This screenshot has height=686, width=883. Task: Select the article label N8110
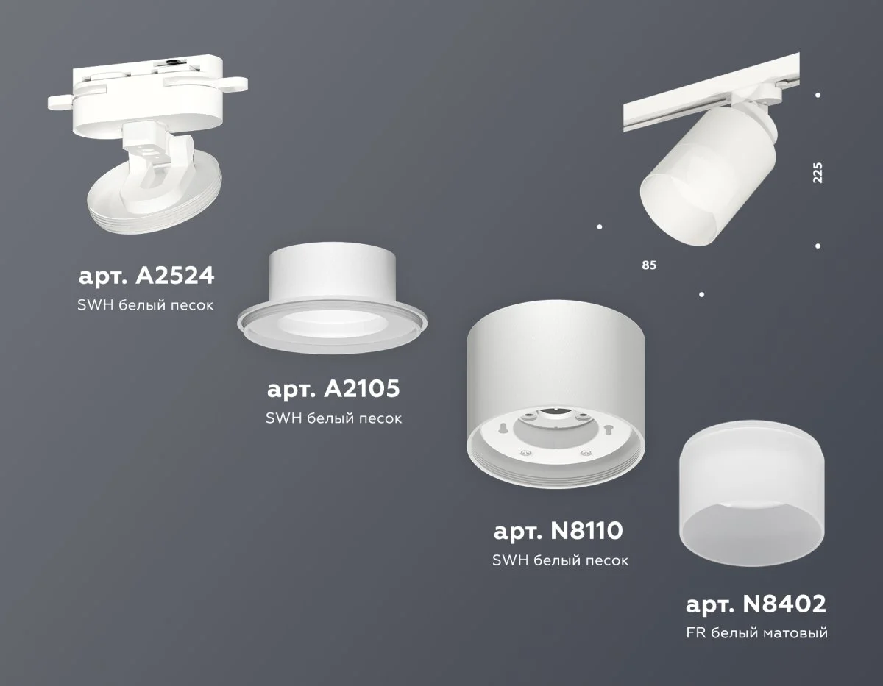pos(560,531)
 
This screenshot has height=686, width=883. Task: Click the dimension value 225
pos(818,171)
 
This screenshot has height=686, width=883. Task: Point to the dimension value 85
pos(648,264)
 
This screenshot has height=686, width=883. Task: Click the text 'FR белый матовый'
pos(756,633)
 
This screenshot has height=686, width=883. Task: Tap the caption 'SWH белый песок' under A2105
pos(333,418)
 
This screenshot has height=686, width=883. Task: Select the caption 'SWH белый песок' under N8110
pos(560,560)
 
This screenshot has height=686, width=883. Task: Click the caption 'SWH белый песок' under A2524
pos(146,304)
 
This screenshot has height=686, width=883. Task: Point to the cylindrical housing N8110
pos(558,368)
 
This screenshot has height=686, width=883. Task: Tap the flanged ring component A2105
pos(333,301)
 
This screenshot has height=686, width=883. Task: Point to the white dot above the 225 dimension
pos(818,95)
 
